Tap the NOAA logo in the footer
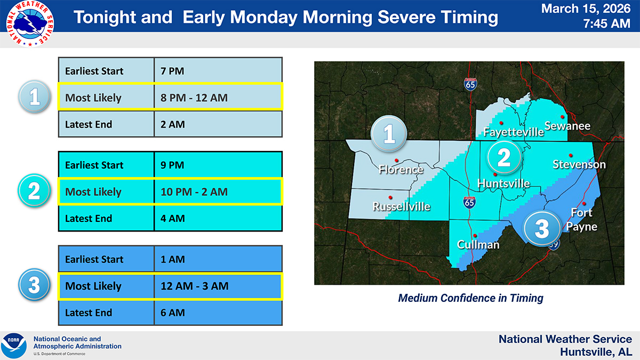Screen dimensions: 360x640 [x=14, y=346]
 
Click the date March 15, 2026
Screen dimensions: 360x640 [x=586, y=9]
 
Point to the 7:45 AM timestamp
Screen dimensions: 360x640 [x=606, y=24]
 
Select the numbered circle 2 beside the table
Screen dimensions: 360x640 [x=34, y=191]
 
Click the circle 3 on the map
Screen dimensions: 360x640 [x=541, y=229]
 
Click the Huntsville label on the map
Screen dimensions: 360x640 [x=503, y=183]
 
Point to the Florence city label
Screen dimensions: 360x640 [x=401, y=170]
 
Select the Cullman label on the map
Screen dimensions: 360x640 [x=478, y=245]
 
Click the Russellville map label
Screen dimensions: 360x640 [x=401, y=206]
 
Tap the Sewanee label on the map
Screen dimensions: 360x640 [x=567, y=126]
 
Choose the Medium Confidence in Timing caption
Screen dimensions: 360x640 [x=470, y=298]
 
